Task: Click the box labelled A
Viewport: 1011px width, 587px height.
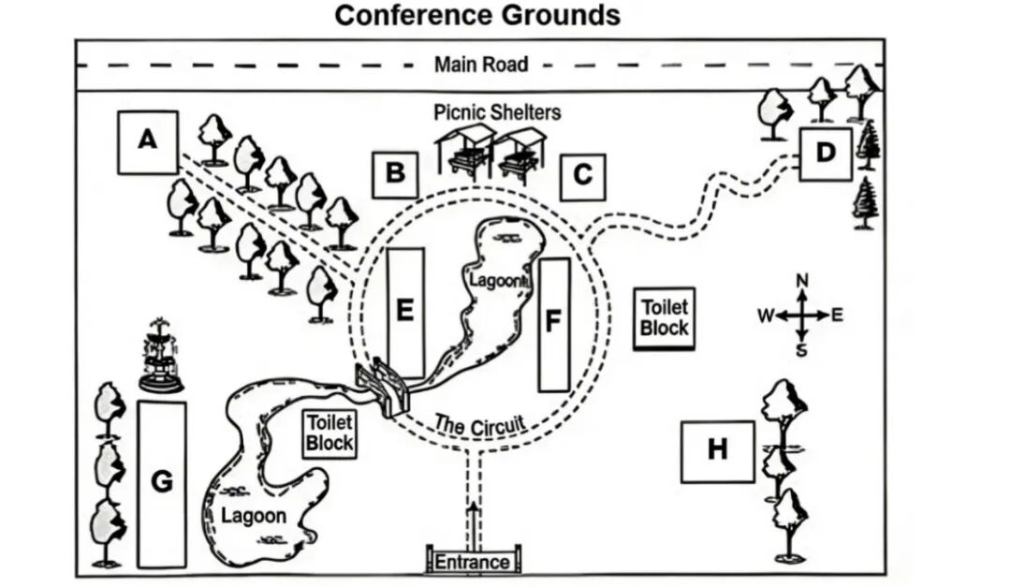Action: (147, 141)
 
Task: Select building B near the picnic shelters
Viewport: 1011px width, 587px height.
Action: (395, 174)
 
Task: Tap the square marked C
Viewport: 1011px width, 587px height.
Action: (582, 176)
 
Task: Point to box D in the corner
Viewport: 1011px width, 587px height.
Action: (825, 154)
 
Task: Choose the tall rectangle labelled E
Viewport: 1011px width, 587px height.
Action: (405, 311)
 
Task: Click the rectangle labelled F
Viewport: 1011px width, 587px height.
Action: (554, 324)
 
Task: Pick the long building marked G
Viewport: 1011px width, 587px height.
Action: (162, 483)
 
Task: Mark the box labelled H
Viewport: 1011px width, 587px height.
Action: (717, 451)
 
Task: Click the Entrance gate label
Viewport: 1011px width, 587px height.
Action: (473, 562)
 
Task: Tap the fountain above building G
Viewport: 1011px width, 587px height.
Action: (161, 356)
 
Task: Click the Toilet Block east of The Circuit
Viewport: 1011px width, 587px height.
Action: (664, 318)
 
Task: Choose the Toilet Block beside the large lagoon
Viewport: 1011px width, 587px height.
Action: (330, 433)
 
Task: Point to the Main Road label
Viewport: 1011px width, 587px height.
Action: (481, 65)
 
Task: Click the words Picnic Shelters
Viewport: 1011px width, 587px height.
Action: (497, 112)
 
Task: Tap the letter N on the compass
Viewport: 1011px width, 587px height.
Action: (801, 280)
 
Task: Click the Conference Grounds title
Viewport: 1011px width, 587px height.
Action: (477, 16)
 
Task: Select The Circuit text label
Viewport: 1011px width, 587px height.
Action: (479, 425)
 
